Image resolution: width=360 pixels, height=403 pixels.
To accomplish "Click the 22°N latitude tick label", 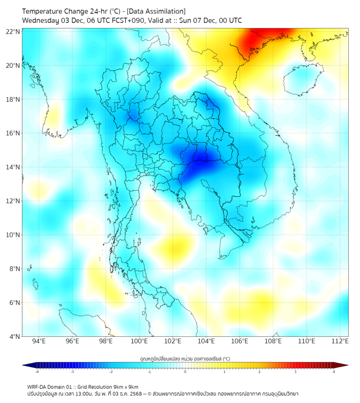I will coord(14,31).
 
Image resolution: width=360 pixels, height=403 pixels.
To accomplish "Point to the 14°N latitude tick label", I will coord(14,167).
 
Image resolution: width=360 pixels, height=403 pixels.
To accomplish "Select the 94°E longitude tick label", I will coord(39,342).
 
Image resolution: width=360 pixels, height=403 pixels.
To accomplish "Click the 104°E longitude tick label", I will coord(206,342).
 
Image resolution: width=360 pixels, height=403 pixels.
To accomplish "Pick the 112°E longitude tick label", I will coord(340,342).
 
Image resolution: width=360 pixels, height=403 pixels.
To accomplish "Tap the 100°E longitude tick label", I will coord(139,342).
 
